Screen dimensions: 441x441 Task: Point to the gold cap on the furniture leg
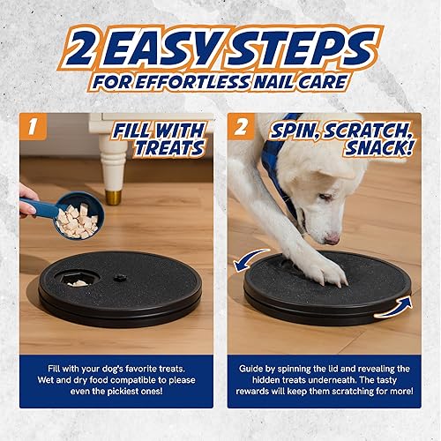click(114, 195)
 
